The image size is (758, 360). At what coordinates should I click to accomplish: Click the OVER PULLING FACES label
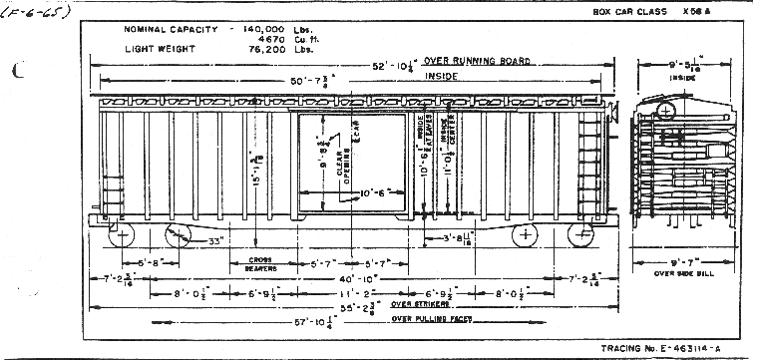coord(431,320)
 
